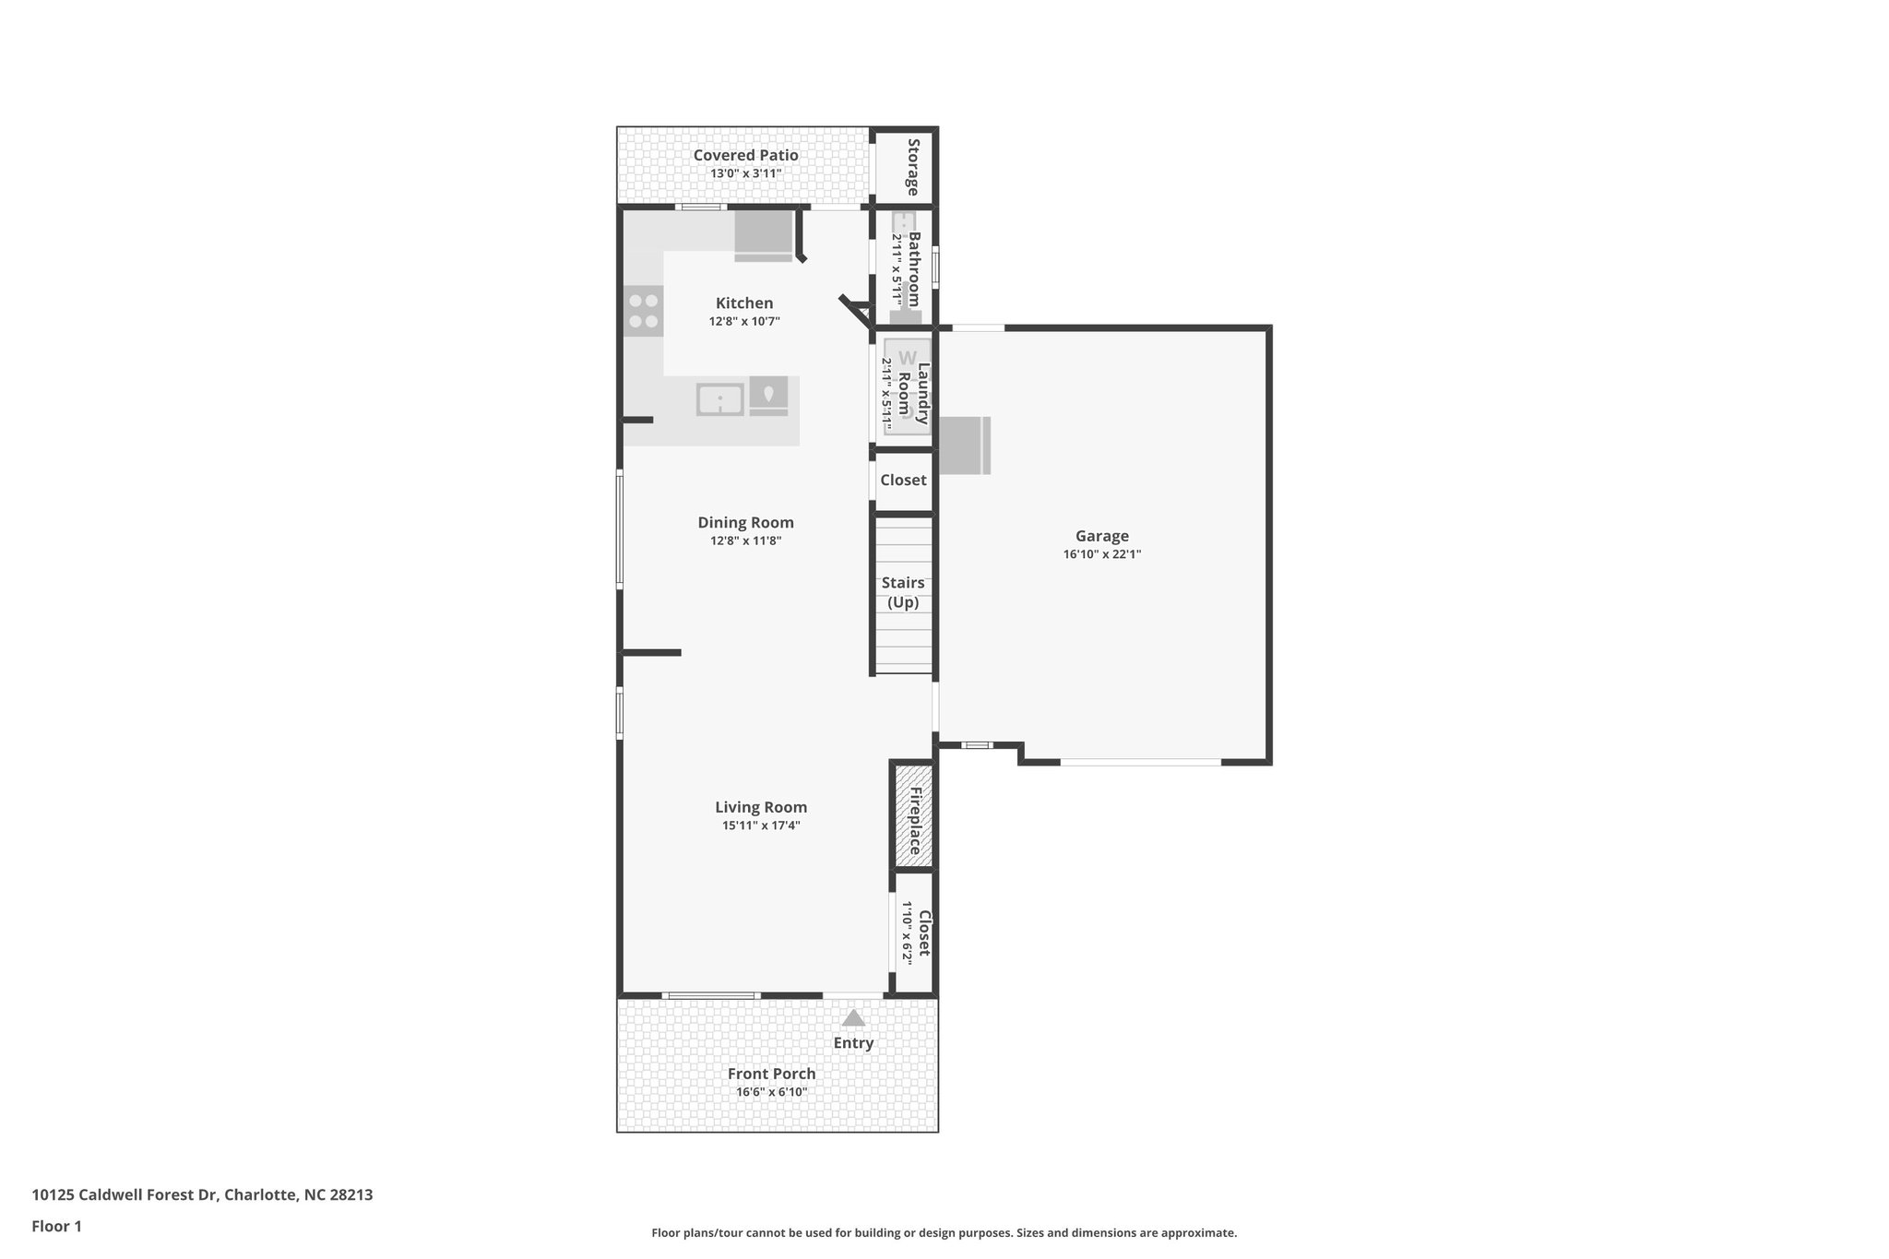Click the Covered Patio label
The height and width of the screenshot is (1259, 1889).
click(745, 155)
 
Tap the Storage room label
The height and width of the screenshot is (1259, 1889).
click(913, 167)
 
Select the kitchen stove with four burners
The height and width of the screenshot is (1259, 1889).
click(643, 311)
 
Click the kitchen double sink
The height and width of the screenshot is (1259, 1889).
click(719, 400)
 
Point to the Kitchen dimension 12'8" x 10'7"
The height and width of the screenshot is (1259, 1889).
click(744, 322)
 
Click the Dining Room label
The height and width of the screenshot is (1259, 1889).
click(745, 522)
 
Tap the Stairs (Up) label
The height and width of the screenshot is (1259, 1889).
click(903, 592)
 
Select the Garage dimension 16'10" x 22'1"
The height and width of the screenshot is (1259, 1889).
click(1101, 554)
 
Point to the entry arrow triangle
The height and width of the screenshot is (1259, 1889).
click(853, 1018)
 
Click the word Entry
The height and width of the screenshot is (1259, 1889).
click(853, 1043)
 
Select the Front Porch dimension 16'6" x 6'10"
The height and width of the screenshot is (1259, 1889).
click(771, 1092)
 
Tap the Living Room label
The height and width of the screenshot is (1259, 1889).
click(761, 807)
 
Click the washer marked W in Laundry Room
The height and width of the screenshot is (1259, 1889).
click(908, 358)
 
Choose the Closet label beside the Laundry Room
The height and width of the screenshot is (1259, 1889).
click(903, 480)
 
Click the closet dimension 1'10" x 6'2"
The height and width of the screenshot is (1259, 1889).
click(907, 932)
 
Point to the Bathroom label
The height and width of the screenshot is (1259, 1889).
click(914, 268)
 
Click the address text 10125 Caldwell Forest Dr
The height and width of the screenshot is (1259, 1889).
click(125, 1194)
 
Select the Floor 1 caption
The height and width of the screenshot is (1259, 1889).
click(56, 1226)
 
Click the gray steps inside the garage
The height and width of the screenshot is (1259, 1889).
click(965, 445)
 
